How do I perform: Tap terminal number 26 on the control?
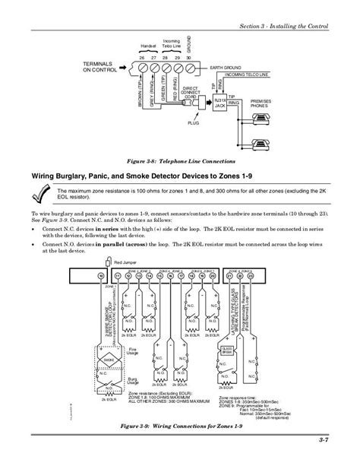pyautogui.click(x=142, y=65)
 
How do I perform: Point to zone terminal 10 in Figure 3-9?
pyautogui.click(x=102, y=274)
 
